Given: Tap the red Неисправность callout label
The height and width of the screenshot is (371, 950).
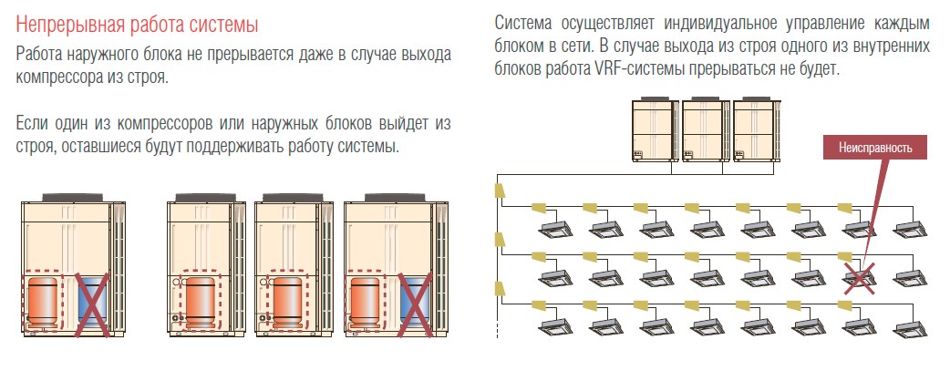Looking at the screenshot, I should click(x=875, y=146).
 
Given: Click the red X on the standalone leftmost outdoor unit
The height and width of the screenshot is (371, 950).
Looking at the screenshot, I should click(x=95, y=306).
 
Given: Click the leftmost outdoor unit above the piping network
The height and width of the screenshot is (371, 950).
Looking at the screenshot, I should click(x=656, y=129).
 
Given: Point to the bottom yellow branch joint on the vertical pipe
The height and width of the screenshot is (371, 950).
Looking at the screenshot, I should click(x=499, y=290).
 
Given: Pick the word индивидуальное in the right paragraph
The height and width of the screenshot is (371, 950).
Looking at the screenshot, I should click(x=709, y=22).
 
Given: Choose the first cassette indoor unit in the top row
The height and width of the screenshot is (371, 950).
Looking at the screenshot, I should click(x=552, y=224).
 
